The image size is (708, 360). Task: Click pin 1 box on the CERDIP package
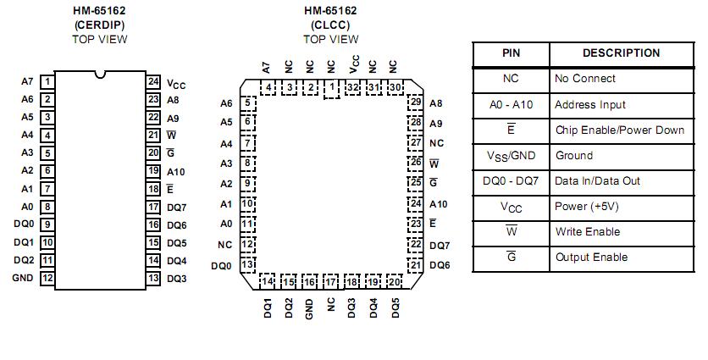pos(48,81)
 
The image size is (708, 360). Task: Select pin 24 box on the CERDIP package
pos(153,81)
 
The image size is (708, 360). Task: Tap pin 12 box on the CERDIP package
pos(48,278)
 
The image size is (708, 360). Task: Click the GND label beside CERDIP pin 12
pos(22,278)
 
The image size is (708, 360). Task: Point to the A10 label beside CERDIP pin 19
pos(176,171)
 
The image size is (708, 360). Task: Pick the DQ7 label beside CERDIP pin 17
pos(176,207)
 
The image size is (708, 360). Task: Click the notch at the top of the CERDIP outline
pos(101,75)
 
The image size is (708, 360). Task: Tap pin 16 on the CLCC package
pos(310,282)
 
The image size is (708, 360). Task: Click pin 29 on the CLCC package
pos(415,102)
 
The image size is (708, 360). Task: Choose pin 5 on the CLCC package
pos(247,102)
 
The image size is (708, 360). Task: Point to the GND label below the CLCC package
pos(310,308)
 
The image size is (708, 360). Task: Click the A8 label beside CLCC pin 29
pos(436,102)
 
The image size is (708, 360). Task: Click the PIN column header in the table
pos(511,53)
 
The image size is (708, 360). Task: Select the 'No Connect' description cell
pos(585,79)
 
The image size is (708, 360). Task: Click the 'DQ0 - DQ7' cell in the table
pos(511,180)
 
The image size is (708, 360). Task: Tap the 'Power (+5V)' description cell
pos(586,206)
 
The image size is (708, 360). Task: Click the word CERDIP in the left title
pos(101,25)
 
